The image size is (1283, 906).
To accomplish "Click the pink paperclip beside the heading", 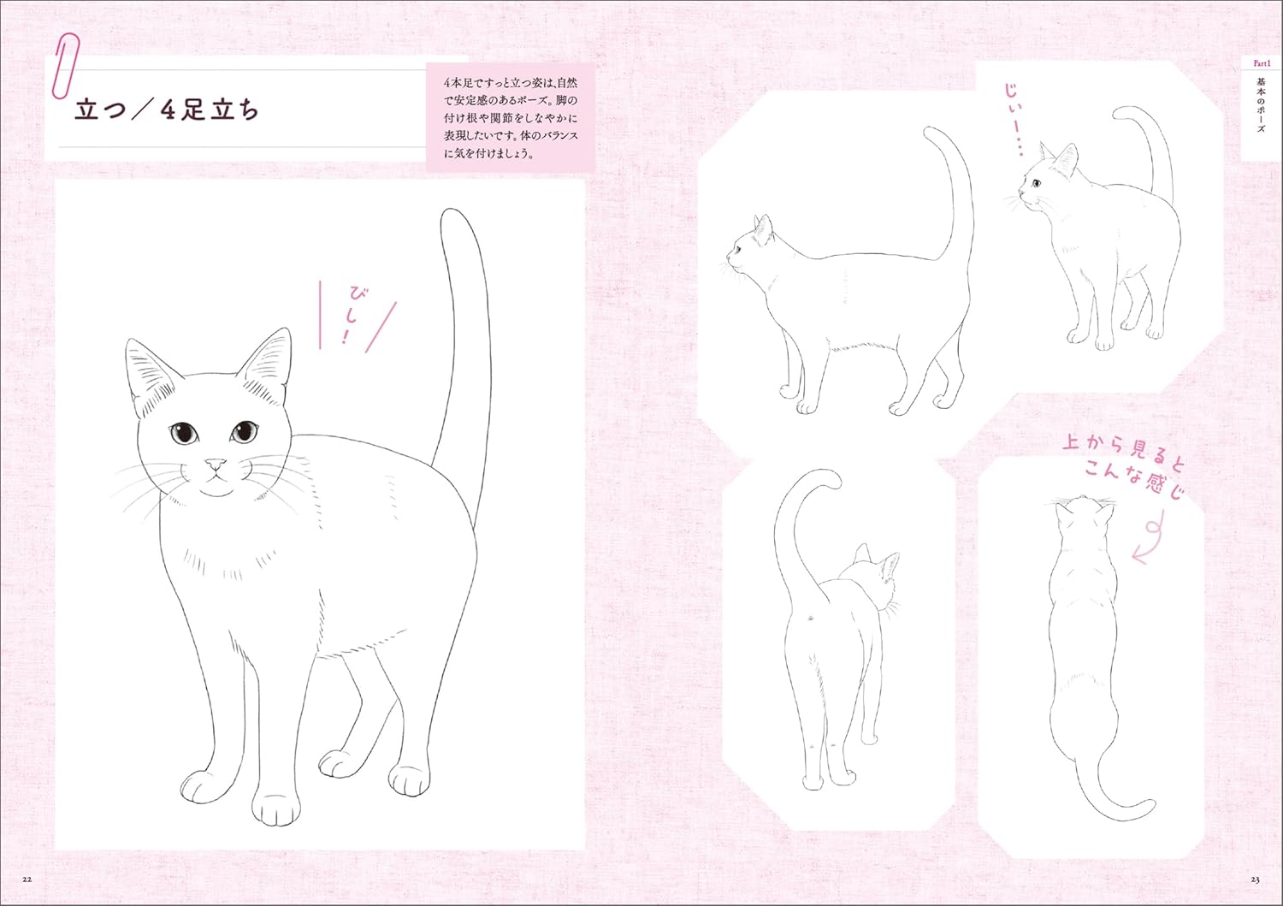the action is (64, 66).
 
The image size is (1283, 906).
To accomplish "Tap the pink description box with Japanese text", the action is (511, 118).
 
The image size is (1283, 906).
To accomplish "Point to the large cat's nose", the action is (215, 464).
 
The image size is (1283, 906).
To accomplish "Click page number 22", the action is (27, 879).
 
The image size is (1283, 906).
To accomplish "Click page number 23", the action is (1255, 879).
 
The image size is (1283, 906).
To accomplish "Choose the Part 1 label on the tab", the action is (1257, 63).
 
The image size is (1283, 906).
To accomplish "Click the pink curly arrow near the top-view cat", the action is (1150, 536).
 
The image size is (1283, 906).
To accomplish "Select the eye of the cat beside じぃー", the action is (1036, 184).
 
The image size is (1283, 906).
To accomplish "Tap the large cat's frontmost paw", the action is (276, 808).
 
